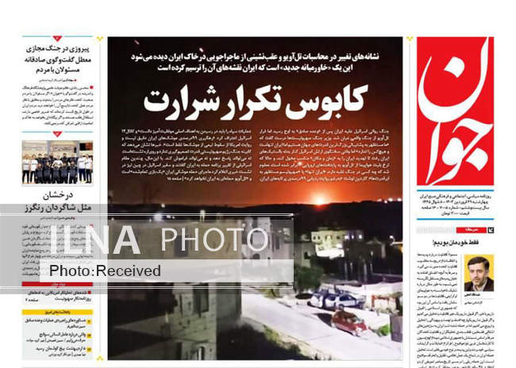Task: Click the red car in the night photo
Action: pyautogui.click(x=349, y=320)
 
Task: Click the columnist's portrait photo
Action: pyautogui.click(x=479, y=273)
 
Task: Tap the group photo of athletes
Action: pyautogui.click(x=56, y=162)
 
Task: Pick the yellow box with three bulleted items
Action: pyautogui.click(x=57, y=336)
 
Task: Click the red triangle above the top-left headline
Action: pyautogui.click(x=57, y=38)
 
